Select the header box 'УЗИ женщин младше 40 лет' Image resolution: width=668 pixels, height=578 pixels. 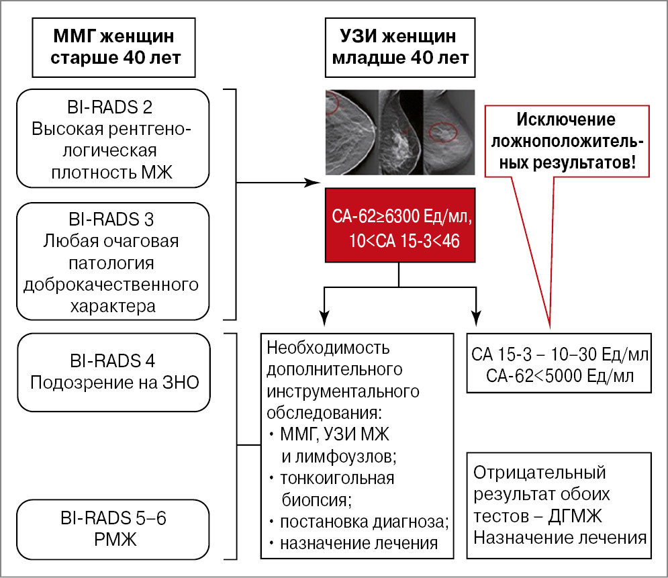[x=401, y=46]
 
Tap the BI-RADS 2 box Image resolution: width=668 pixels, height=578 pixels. [x=110, y=138]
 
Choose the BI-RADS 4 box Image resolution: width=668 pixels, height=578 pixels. [x=110, y=371]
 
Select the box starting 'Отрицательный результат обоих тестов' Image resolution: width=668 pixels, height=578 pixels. [x=560, y=505]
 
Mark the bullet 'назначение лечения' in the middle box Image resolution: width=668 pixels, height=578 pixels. [x=359, y=542]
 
